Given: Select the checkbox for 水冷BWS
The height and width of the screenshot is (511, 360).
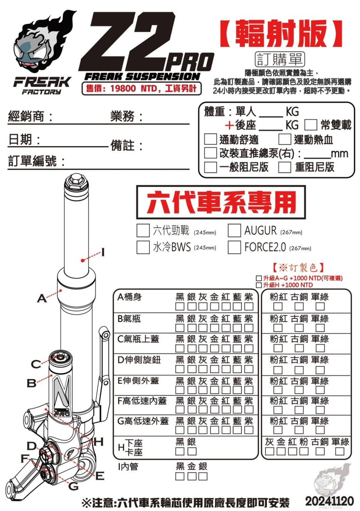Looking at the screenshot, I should click(x=143, y=247).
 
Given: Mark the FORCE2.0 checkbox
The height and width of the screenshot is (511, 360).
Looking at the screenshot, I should click(x=234, y=247).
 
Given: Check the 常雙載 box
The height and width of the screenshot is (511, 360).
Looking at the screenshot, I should click(x=311, y=125).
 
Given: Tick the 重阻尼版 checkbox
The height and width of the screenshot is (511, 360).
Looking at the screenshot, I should click(x=285, y=167).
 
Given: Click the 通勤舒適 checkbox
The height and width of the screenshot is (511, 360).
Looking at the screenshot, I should click(x=210, y=139).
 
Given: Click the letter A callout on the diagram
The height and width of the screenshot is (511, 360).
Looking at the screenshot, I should click(x=41, y=298).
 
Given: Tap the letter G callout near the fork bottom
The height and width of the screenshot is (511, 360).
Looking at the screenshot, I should click(x=73, y=486).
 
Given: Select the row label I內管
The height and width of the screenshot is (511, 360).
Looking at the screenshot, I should click(x=129, y=466).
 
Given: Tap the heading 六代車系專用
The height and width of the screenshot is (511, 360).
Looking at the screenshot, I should click(x=221, y=203).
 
